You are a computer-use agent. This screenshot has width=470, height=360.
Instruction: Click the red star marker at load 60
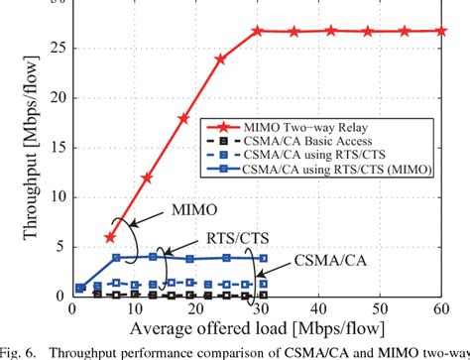pyautogui.click(x=441, y=31)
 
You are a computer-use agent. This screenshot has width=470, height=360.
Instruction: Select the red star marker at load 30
pyautogui.click(x=257, y=31)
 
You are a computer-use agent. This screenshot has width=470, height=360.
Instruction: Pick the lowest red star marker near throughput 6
pyautogui.click(x=109, y=237)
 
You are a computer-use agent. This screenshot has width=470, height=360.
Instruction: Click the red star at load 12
pyautogui.click(x=147, y=178)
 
